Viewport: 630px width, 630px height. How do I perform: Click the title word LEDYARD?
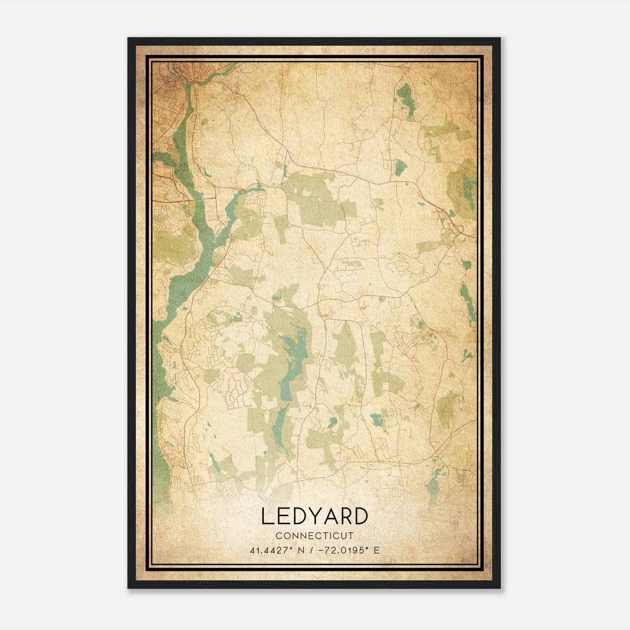click(x=314, y=517)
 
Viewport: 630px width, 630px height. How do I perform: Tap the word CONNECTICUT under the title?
click(x=315, y=535)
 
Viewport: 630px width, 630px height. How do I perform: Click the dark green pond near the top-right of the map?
click(x=406, y=96)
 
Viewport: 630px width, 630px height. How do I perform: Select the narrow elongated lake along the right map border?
click(x=467, y=297)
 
